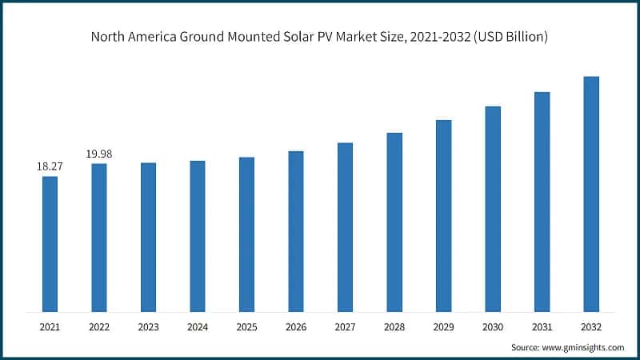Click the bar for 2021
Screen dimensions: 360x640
coord(50,243)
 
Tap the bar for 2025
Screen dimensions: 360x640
coord(246,234)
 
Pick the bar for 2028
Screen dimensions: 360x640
coord(394,222)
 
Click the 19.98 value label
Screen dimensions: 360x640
coord(99,154)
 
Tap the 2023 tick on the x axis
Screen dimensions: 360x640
coord(148,326)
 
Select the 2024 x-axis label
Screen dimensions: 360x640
coord(198,326)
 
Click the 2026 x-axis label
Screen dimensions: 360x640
coord(296,326)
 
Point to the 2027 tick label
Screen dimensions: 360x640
coord(345,326)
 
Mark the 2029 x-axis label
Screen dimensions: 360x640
coord(443,326)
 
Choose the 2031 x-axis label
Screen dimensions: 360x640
coord(542,326)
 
